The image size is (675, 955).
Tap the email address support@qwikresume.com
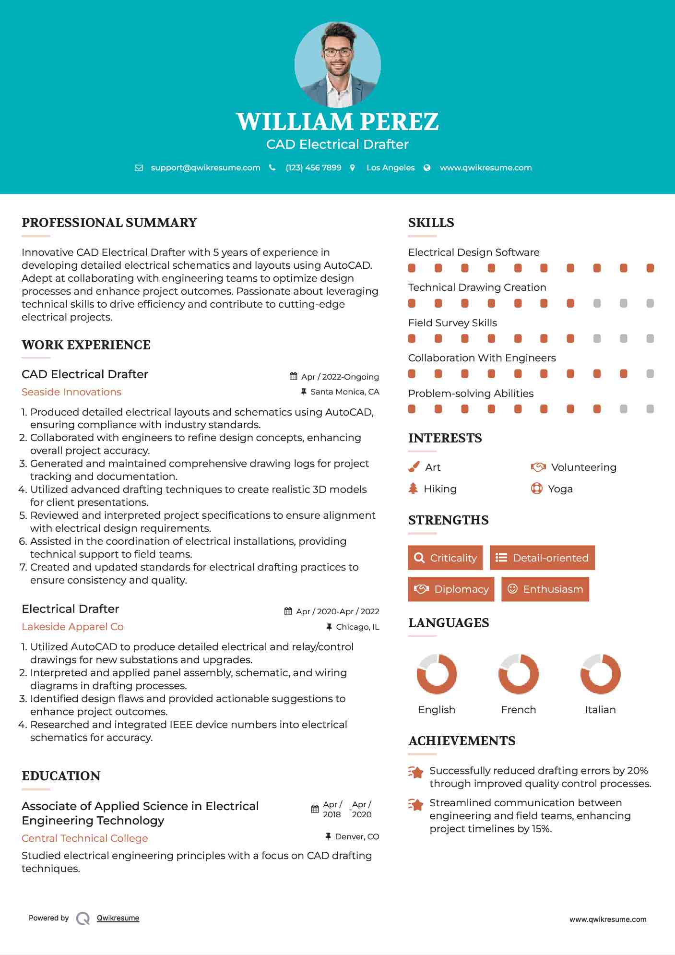(x=205, y=167)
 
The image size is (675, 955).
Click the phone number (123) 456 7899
(x=313, y=167)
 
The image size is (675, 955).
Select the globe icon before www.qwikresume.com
(x=427, y=167)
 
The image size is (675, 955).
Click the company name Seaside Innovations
(x=71, y=392)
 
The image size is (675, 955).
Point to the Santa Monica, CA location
(x=344, y=392)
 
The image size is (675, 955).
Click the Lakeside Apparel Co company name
(x=72, y=627)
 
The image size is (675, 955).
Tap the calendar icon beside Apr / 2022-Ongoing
(x=294, y=376)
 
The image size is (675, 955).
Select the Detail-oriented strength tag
(x=542, y=558)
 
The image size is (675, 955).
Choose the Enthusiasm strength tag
(x=545, y=589)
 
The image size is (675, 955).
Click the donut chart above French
(x=518, y=674)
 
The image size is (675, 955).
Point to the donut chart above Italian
(x=600, y=674)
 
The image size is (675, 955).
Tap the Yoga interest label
(x=560, y=489)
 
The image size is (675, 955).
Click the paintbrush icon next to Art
(x=414, y=467)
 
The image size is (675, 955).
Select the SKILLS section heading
(x=431, y=223)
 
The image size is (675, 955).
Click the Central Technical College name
(x=85, y=838)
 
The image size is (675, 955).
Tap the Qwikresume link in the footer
(x=118, y=918)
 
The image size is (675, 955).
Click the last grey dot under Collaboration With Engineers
(x=650, y=374)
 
